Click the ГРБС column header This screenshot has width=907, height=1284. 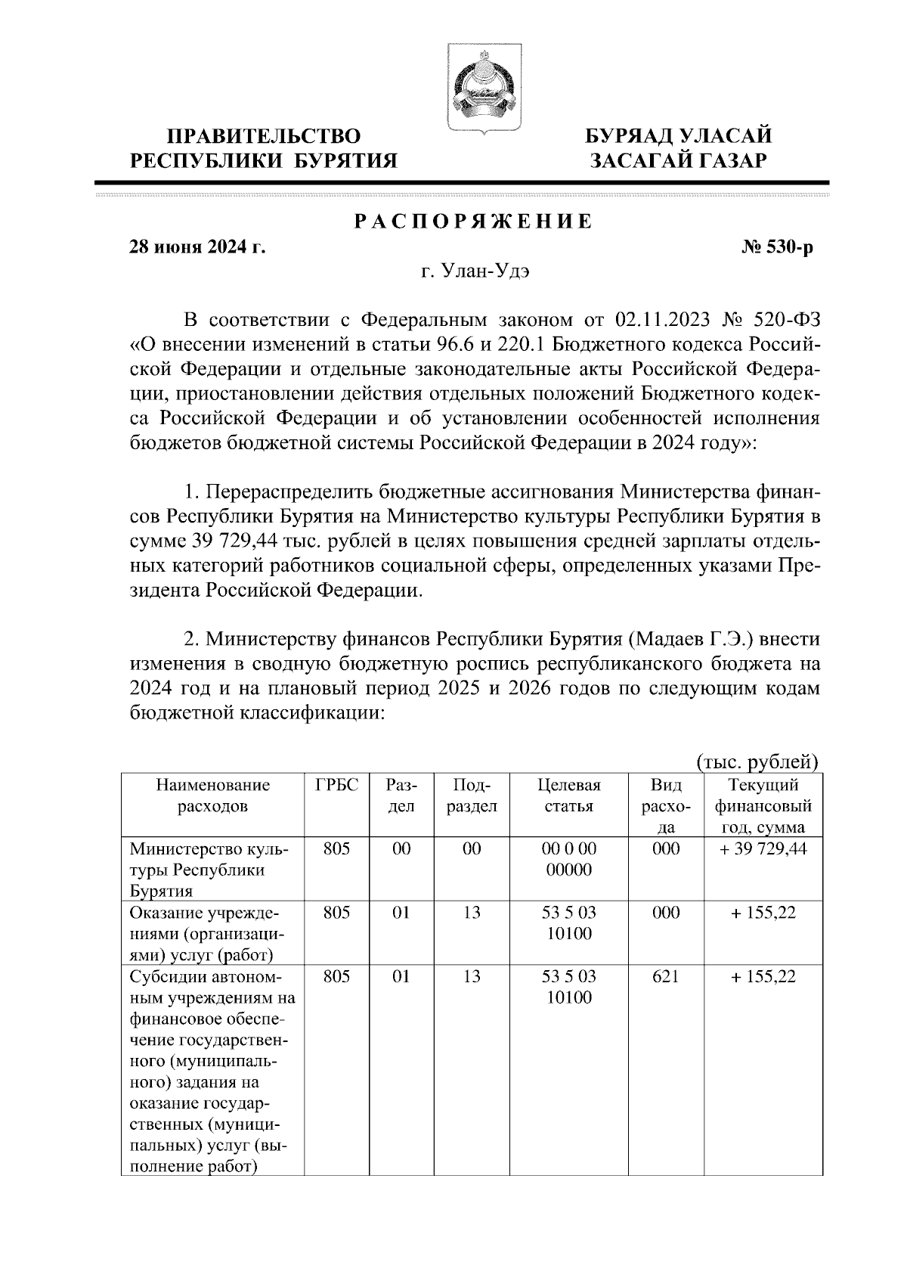pyautogui.click(x=336, y=785)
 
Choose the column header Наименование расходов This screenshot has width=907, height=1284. pyautogui.click(x=212, y=796)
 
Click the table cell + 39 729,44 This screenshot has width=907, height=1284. pyautogui.click(x=763, y=848)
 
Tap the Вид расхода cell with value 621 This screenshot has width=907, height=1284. pyautogui.click(x=665, y=977)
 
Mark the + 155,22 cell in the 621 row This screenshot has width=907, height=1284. pyautogui.click(x=763, y=977)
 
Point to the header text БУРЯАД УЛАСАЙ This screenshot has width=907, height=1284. pyautogui.click(x=679, y=136)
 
